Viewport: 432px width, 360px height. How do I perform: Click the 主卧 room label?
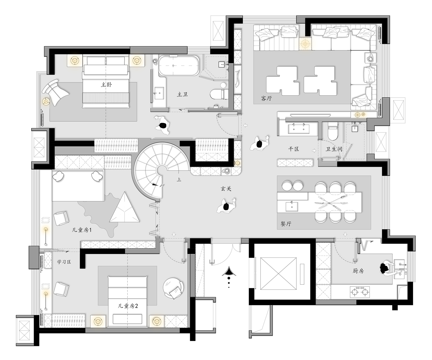pyautogui.click(x=106, y=85)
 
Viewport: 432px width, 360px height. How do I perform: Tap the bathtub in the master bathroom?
pyautogui.click(x=179, y=65)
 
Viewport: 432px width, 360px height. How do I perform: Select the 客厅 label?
pyautogui.click(x=266, y=98)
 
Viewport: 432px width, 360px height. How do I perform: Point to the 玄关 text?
pyautogui.click(x=226, y=188)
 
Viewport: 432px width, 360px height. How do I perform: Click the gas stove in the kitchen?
pyautogui.click(x=360, y=292)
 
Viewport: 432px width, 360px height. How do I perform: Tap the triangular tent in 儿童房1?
pyautogui.click(x=124, y=207)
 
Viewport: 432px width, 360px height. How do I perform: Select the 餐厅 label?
pyautogui.click(x=286, y=224)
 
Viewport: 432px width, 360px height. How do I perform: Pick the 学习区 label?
pyautogui.click(x=64, y=262)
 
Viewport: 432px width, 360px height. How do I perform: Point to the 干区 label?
pyautogui.click(x=293, y=149)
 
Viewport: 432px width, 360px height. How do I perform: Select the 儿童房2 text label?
pyautogui.click(x=128, y=306)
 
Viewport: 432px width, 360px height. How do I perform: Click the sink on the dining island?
pyautogui.click(x=292, y=207)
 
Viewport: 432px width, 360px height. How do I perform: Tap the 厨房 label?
pyautogui.click(x=358, y=271)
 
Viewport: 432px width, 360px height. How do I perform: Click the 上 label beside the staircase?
pyautogui.click(x=179, y=180)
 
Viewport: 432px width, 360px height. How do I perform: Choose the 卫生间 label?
pyautogui.click(x=334, y=149)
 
